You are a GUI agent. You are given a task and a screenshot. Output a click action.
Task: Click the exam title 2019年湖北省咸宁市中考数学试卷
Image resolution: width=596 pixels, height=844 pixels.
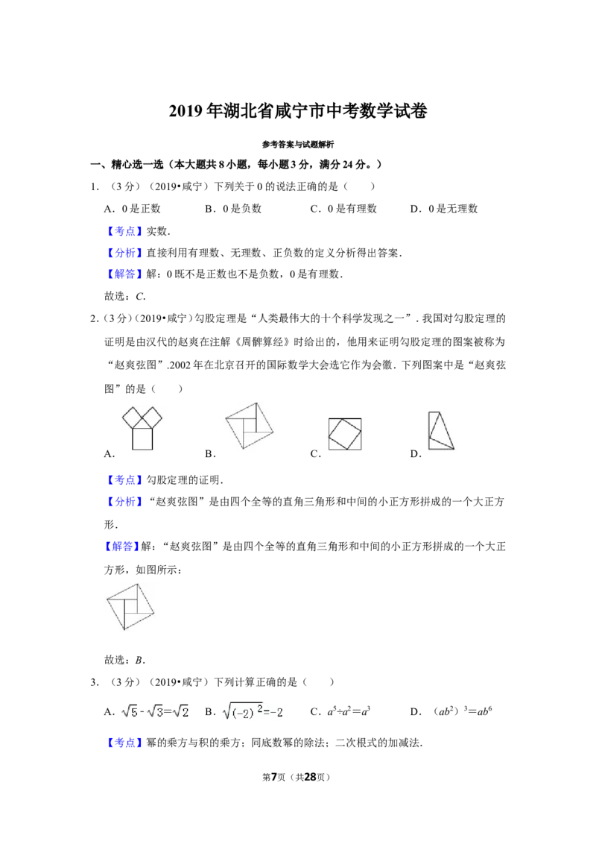coord(298,111)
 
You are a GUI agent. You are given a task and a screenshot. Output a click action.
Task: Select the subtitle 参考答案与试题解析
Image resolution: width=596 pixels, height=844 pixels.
coord(298,144)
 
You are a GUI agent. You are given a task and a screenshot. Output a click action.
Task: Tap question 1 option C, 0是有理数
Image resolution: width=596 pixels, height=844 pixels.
coord(343,209)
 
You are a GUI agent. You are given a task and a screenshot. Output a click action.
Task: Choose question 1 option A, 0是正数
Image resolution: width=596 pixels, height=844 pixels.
coord(133,209)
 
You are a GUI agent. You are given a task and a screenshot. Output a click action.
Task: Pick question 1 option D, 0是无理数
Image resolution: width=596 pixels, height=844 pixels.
coord(444,209)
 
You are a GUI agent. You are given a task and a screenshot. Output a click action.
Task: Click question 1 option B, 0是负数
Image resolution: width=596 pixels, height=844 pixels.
coord(233,209)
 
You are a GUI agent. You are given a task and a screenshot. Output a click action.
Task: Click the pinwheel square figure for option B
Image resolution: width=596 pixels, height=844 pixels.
coord(249,426)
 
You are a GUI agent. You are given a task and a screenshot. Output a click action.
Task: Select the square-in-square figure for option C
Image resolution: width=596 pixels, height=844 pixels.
coord(345,434)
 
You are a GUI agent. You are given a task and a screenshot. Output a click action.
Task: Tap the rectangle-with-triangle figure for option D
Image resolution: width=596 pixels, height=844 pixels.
coord(441,430)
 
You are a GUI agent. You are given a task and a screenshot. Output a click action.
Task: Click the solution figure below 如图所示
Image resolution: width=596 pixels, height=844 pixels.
coord(130,607)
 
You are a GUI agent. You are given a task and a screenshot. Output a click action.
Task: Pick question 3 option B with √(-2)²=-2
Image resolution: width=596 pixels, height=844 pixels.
coord(244,711)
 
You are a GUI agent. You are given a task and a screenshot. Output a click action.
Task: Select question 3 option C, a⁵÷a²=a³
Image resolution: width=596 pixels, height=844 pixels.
coord(340,711)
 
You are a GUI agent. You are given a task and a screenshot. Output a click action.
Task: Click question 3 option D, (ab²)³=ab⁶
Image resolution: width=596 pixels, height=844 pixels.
coord(451,711)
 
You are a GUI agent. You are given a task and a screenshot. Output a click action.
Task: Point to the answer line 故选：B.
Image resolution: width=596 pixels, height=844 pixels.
coord(125,660)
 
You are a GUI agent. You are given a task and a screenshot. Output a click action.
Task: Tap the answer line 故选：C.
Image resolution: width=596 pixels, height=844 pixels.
coord(125,296)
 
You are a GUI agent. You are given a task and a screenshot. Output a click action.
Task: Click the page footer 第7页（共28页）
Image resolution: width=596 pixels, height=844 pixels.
coord(297,777)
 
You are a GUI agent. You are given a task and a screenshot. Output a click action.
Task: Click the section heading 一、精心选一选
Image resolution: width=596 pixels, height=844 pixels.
coord(127,165)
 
